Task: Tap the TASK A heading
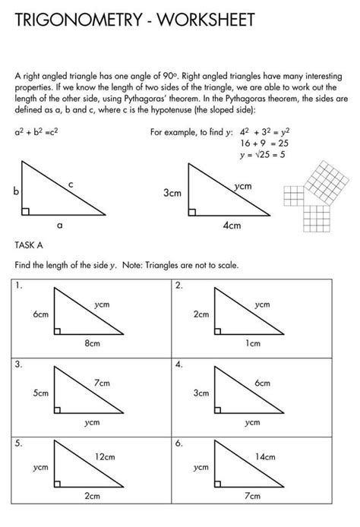point(30,245)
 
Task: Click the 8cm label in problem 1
point(92,343)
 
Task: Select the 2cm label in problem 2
point(201,314)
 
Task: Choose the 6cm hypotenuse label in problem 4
point(263,383)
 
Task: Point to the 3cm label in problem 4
point(201,393)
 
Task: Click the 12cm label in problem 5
point(104,456)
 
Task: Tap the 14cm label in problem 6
point(264,456)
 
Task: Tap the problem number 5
point(17,440)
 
